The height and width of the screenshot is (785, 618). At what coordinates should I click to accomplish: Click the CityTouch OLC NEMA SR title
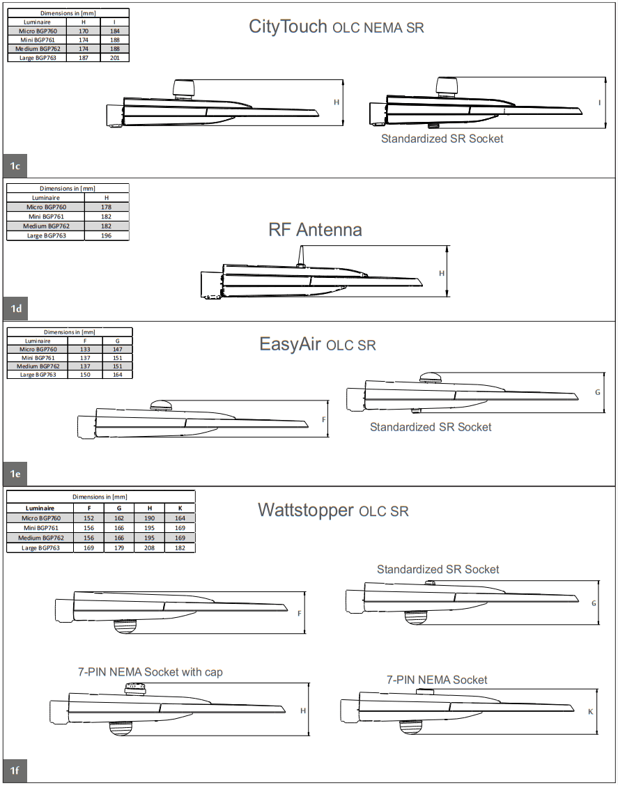(337, 27)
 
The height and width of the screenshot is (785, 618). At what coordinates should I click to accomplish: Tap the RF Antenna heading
(315, 230)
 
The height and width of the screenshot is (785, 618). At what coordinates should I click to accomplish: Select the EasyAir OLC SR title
(317, 345)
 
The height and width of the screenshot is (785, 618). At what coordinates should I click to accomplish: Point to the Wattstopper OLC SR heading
(333, 511)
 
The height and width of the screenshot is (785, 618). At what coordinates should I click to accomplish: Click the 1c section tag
(15, 166)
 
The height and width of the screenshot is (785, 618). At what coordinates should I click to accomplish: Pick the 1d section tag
(15, 308)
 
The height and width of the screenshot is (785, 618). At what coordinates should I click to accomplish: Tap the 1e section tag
(15, 474)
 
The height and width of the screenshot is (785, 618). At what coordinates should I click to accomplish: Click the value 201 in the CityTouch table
(115, 58)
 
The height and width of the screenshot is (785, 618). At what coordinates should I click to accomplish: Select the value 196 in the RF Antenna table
(107, 235)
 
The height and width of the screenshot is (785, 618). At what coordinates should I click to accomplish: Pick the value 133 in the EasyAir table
(85, 350)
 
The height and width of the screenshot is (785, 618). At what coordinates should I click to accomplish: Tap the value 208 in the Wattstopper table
(149, 548)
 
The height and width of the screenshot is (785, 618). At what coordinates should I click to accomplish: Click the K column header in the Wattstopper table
(180, 508)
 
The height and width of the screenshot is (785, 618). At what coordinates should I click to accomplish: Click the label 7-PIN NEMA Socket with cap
(150, 672)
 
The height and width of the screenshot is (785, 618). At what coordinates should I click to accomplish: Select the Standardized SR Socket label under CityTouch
(442, 139)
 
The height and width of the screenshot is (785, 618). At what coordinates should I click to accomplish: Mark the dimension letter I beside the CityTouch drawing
(599, 103)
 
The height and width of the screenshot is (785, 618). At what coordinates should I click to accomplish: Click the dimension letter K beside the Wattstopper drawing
(590, 712)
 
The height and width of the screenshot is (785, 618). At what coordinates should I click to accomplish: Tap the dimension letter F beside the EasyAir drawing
(323, 420)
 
